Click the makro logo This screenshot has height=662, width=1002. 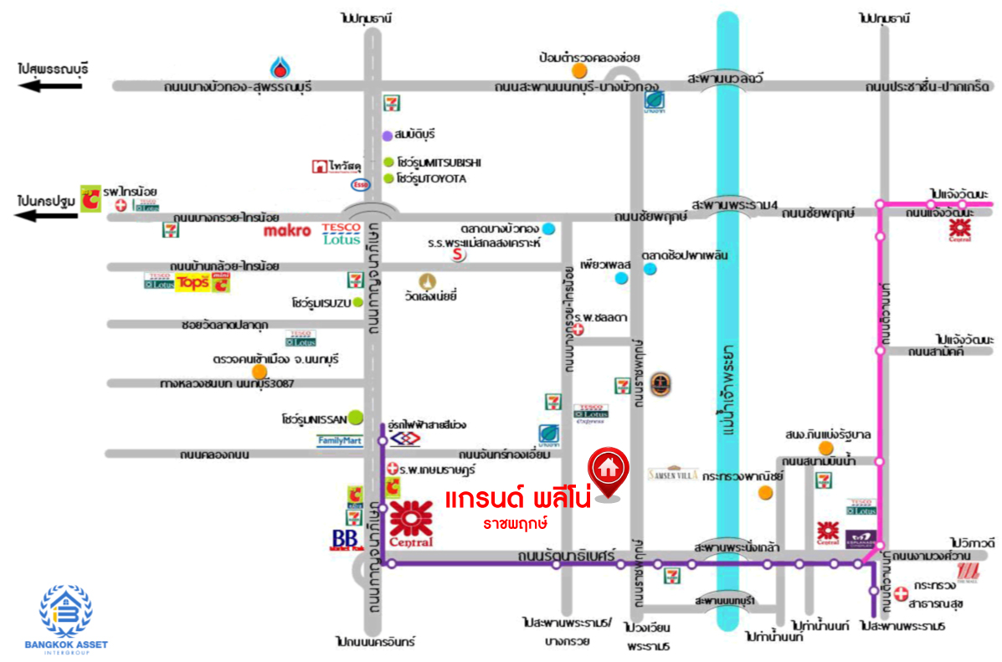(x=287, y=229)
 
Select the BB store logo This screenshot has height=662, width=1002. (x=346, y=539)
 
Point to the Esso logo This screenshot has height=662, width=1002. (x=359, y=184)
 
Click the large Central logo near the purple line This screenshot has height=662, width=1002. (x=410, y=525)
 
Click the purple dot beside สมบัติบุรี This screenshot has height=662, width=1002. (x=387, y=135)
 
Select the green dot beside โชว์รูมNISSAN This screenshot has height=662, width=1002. (x=356, y=416)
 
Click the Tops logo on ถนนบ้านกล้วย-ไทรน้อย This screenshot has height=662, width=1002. (x=192, y=284)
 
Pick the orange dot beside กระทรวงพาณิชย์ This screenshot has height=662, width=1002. (x=764, y=492)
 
